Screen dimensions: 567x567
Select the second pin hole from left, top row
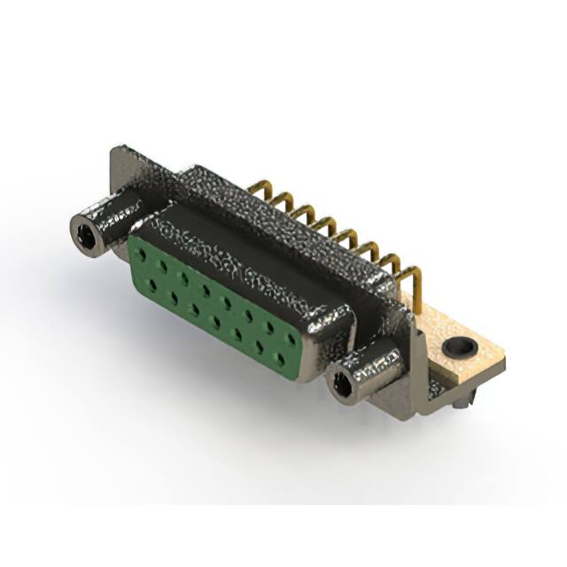(162, 265)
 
